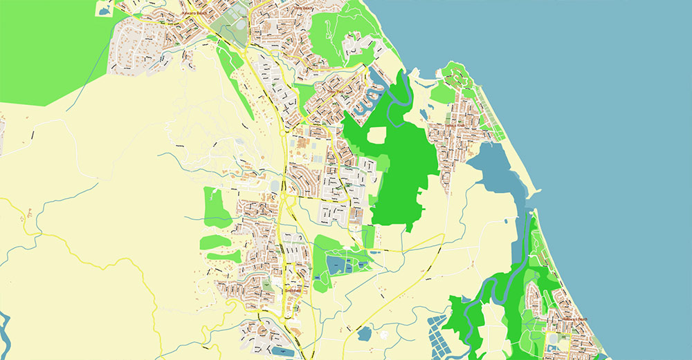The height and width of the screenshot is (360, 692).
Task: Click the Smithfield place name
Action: pyautogui.click(x=293, y=291)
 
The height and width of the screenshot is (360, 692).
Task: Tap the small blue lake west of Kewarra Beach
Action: pyautogui.click(x=104, y=10)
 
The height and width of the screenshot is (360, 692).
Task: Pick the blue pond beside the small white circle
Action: pyautogui.click(x=365, y=334)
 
